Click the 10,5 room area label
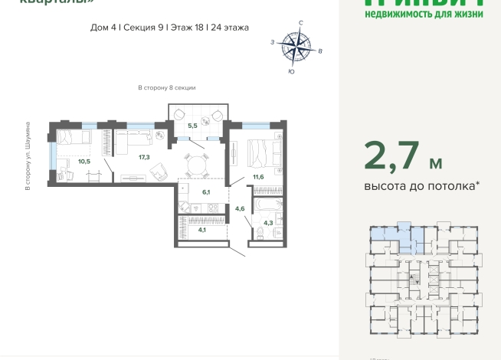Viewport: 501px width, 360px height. [x=83, y=161]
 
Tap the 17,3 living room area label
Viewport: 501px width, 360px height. [x=143, y=157]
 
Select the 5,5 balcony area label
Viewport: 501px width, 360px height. [x=193, y=125]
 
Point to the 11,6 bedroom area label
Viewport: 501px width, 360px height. [x=260, y=178]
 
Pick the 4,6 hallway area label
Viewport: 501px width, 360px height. [x=240, y=208]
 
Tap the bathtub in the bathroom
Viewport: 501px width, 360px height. [x=268, y=205]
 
